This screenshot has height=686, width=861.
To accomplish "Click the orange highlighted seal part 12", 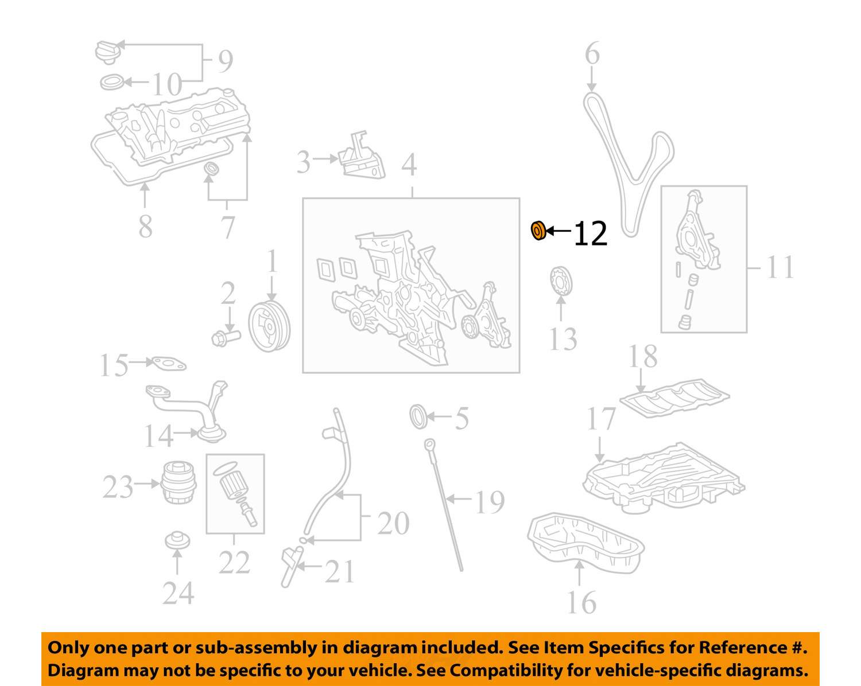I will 538,231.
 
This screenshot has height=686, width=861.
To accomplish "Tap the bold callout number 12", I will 590,234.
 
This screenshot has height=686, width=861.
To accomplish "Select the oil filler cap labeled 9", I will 107,51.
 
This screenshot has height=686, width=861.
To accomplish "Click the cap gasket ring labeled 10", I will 112,83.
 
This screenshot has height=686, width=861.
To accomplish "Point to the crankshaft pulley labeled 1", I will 269,327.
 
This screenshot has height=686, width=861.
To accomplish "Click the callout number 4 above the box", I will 409,165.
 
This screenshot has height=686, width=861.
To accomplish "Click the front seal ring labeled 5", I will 419,416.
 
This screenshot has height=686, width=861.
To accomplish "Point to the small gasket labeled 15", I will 167,363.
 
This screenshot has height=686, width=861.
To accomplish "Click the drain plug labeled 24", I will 177,540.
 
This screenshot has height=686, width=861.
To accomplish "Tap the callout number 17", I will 601,420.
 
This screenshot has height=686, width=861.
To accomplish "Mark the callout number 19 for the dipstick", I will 489,502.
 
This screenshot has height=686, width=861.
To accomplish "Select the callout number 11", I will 780,267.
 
